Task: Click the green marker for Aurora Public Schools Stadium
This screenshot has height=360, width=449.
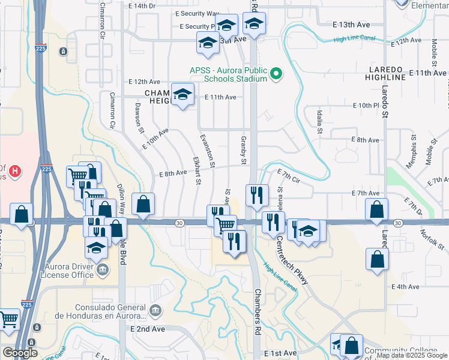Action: coord(276,74)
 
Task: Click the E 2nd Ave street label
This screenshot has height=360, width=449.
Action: coord(147,329)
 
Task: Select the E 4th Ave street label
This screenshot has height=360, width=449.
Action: coord(405,287)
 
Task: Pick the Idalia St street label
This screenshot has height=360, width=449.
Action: coord(320,122)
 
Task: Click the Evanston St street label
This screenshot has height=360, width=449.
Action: coord(211,150)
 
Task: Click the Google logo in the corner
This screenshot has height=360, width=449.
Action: coord(20,353)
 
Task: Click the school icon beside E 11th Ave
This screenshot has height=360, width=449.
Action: coord(182,95)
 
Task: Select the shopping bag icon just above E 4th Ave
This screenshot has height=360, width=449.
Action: coord(376,259)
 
